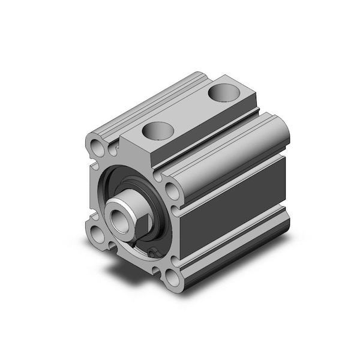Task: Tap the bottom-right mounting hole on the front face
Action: [173, 277]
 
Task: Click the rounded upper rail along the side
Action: [234, 157]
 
